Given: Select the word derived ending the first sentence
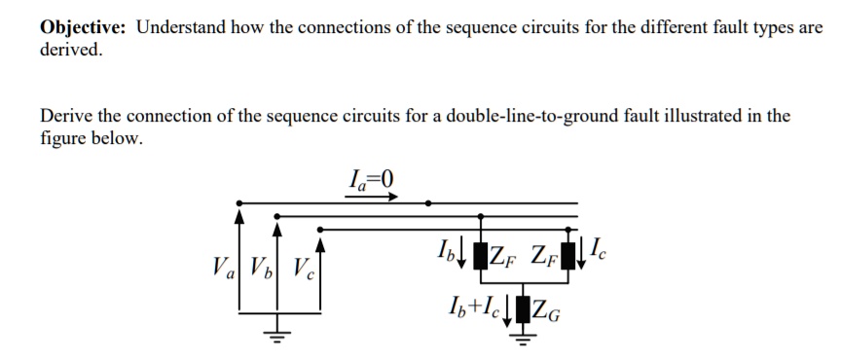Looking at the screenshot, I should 70,49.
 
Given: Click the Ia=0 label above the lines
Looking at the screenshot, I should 371,178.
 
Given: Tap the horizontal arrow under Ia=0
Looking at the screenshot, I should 371,196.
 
